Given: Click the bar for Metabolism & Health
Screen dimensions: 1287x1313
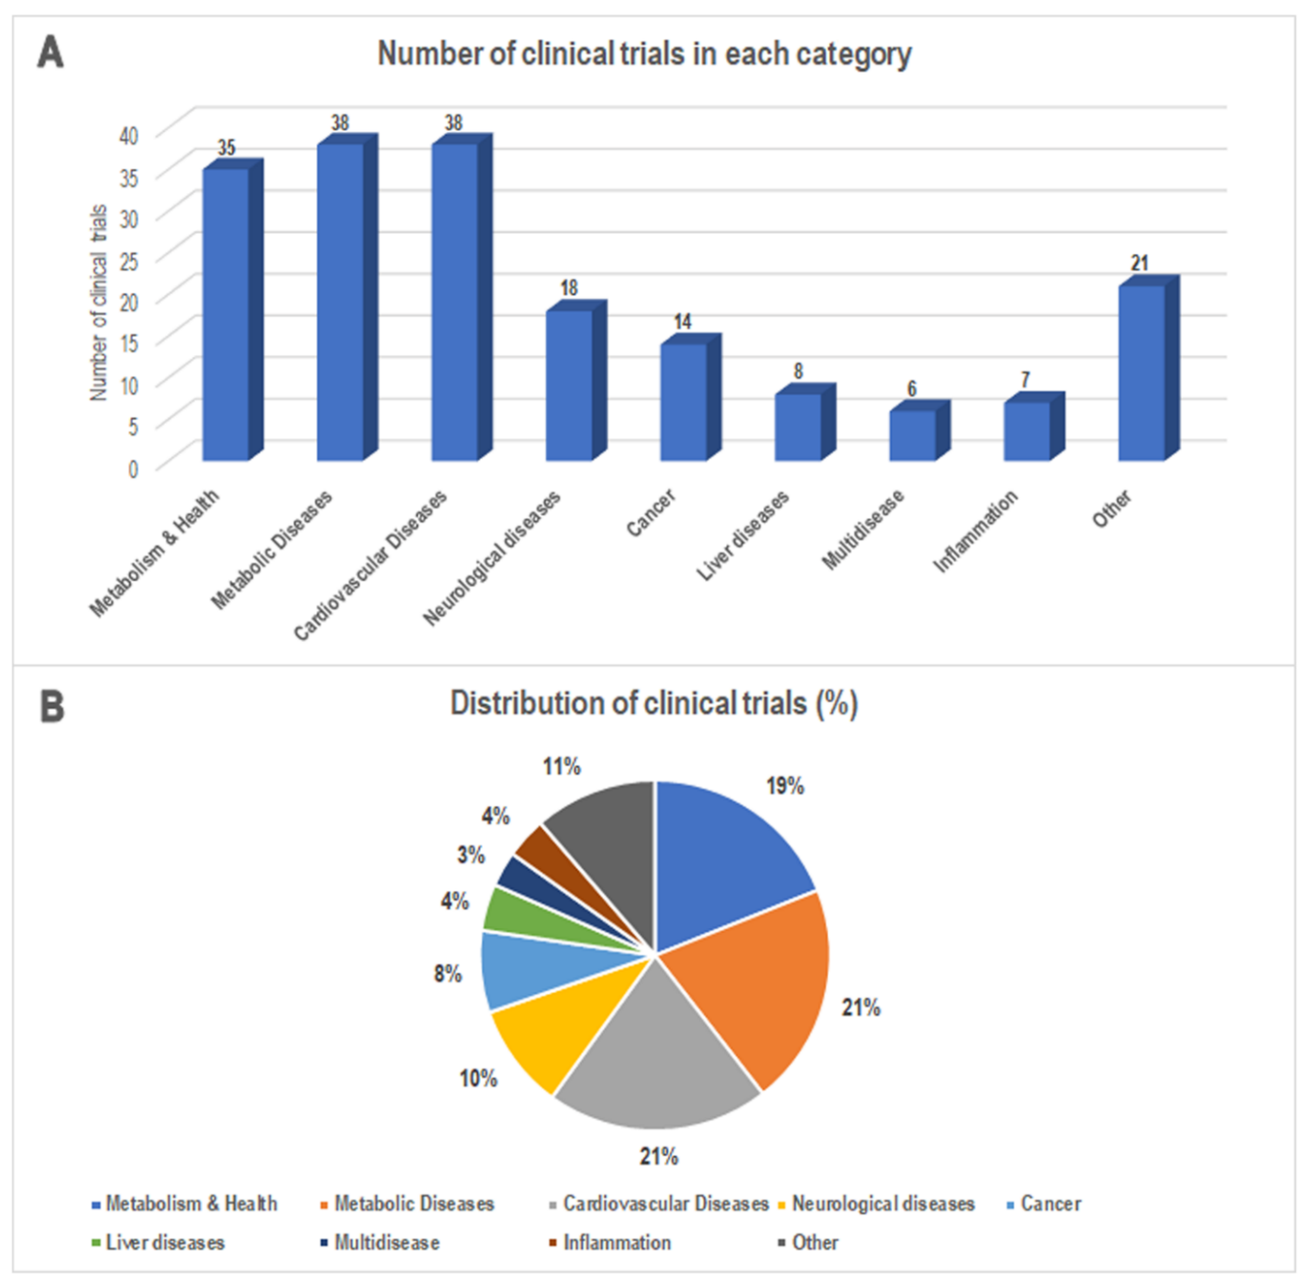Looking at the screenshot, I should (226, 314).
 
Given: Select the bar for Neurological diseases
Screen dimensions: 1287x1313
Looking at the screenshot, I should (569, 385).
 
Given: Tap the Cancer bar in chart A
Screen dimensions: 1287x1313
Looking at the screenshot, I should (683, 402).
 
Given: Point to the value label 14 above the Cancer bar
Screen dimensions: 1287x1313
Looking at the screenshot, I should (682, 322).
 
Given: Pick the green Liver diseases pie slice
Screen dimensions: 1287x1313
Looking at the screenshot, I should (507, 909).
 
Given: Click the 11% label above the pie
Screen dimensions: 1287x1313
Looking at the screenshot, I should (561, 767).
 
